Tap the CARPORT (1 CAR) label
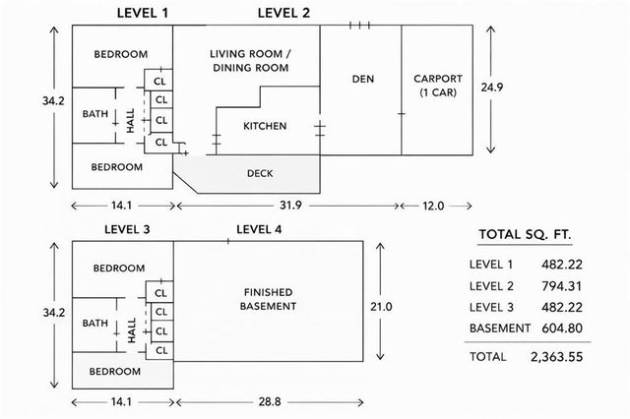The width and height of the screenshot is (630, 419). tap(437, 84)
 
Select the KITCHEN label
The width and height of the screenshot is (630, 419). tap(264, 126)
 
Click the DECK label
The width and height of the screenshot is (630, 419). tap(260, 174)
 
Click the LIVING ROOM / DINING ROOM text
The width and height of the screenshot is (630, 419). tap(249, 60)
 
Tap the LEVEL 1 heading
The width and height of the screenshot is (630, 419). tap(143, 13)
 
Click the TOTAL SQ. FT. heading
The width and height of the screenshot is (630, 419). tap(525, 234)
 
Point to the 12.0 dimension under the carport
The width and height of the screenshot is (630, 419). tap(433, 206)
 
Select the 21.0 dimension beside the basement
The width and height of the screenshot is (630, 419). tap(381, 307)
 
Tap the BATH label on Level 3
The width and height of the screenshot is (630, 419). tap(95, 324)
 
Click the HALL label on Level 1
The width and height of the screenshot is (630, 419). tap(131, 119)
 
